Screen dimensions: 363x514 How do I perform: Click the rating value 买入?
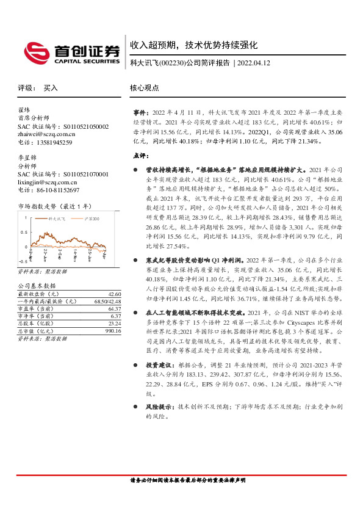tap(51, 88)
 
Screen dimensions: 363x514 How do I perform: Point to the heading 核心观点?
tap(145, 88)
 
